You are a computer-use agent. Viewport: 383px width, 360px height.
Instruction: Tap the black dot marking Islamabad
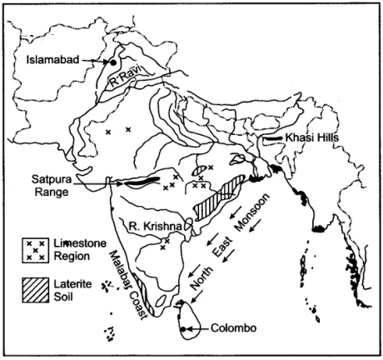(x=113, y=62)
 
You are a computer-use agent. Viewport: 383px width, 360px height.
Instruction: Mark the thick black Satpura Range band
(x=142, y=179)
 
